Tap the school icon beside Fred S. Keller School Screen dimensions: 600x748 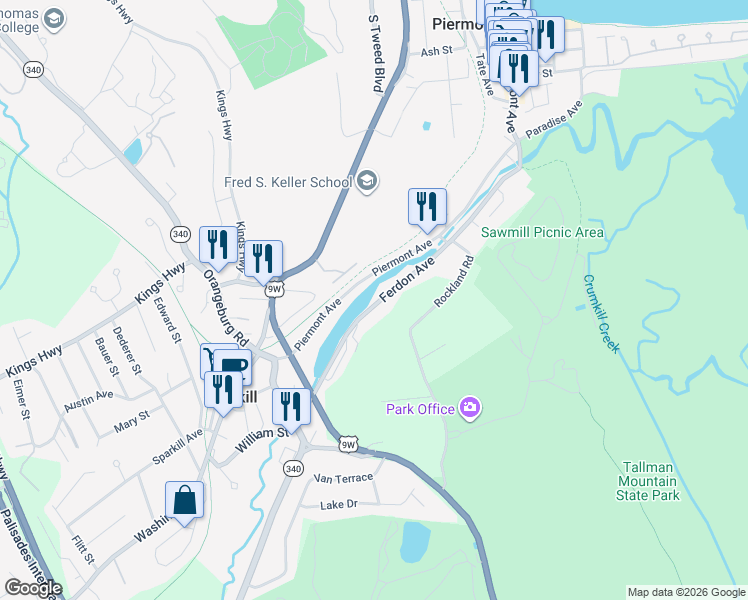point(367,181)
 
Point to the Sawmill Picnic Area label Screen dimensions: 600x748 point(542,232)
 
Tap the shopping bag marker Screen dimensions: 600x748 point(185,500)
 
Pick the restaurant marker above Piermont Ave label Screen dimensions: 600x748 point(427,207)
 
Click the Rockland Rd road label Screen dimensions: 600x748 point(453,283)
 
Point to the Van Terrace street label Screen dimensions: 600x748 point(344,478)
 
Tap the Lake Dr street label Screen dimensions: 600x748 point(338,505)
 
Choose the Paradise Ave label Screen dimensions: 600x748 point(554,123)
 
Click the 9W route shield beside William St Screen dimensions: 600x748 point(348,444)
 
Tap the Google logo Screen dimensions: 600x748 point(32,588)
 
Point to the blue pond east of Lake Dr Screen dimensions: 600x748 point(414,541)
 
